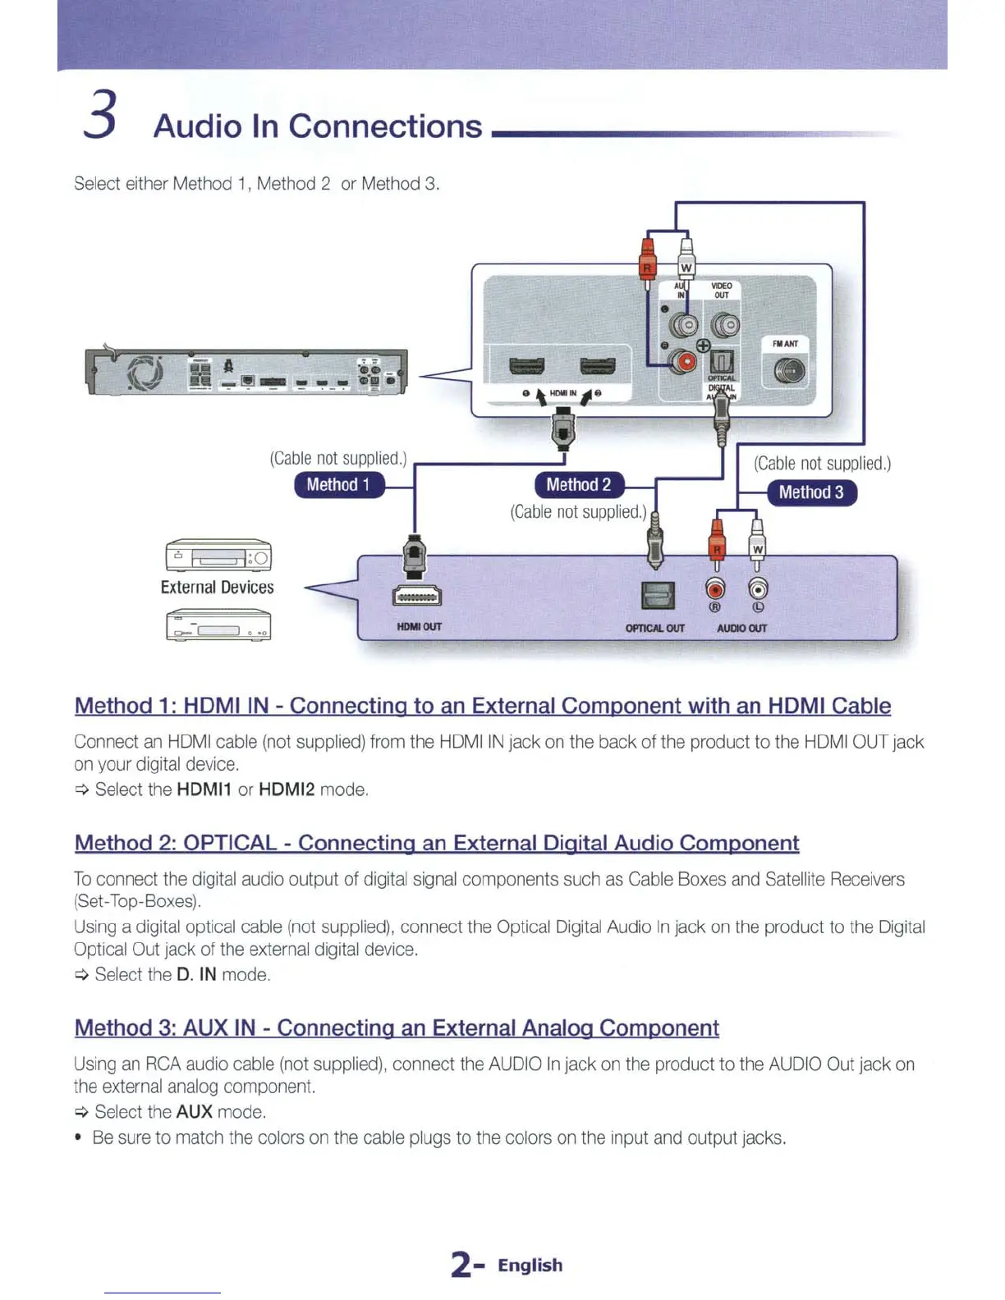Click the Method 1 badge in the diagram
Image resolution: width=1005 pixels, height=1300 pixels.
click(338, 485)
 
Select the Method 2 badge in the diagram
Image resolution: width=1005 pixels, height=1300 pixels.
click(579, 485)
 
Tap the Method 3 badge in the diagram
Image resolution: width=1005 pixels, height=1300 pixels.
click(811, 492)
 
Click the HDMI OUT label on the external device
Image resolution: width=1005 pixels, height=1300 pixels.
click(419, 627)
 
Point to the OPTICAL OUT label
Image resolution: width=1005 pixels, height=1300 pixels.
click(654, 629)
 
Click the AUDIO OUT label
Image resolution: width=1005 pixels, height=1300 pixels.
click(741, 629)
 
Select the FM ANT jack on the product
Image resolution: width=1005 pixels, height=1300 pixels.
click(788, 372)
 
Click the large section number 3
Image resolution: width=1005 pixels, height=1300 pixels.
click(100, 116)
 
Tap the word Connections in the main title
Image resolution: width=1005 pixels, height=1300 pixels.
click(385, 126)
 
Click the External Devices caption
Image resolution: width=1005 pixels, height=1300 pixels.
click(217, 588)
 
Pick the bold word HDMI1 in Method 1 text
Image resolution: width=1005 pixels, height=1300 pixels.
click(204, 790)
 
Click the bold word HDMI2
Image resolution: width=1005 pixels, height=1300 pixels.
click(287, 790)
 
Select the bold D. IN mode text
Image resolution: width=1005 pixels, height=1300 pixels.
click(196, 974)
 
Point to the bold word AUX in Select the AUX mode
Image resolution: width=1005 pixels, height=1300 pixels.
click(194, 1112)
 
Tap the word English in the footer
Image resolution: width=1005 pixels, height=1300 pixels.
click(530, 1266)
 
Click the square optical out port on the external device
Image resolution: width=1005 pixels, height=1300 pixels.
click(657, 595)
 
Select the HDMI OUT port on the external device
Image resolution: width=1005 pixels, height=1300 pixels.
click(417, 596)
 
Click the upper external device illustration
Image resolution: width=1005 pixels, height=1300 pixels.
click(218, 556)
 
